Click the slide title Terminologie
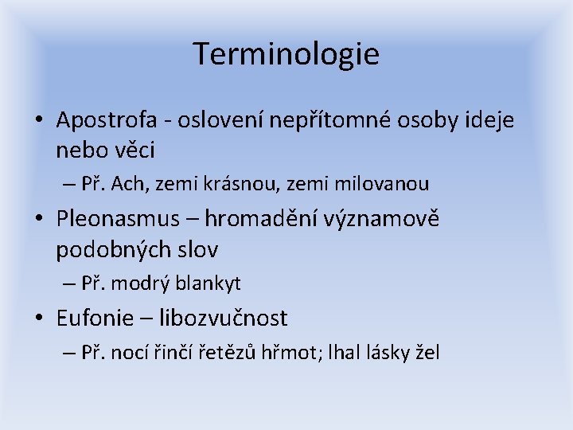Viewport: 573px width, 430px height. point(286,54)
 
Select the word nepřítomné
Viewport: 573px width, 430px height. point(310,121)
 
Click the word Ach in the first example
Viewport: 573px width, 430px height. point(128,184)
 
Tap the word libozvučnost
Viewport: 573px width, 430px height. point(224,318)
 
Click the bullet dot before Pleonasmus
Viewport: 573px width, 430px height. point(38,220)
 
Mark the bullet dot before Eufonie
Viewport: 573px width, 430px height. point(38,319)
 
